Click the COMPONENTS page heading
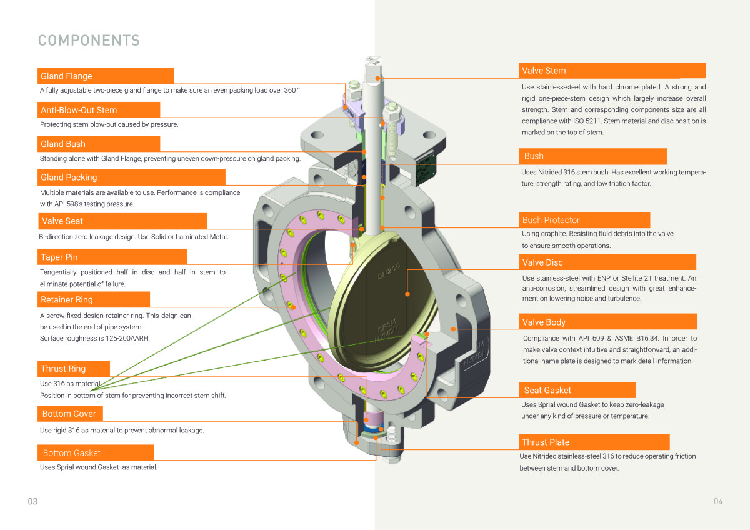89,41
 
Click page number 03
32,501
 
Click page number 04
717,501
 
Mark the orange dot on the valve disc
407,293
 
